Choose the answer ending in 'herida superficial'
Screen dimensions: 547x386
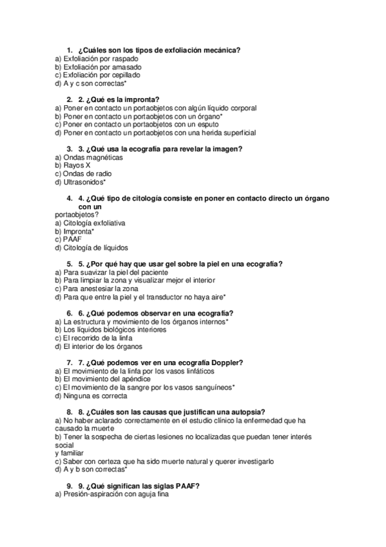[x=155, y=133]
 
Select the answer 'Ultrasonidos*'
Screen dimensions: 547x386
[x=81, y=183]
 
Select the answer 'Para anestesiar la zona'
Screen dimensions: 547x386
[x=97, y=288]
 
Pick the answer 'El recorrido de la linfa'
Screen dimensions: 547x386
[x=94, y=337]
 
